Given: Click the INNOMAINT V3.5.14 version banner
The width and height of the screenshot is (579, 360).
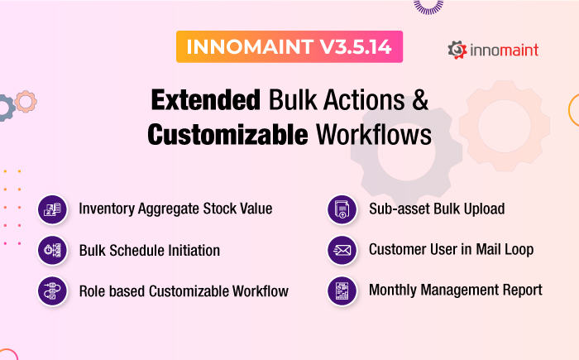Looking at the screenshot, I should (289, 47).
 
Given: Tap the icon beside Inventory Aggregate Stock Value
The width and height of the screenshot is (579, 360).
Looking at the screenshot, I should (52, 209).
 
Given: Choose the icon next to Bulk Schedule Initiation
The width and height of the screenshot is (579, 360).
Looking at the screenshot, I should (52, 250).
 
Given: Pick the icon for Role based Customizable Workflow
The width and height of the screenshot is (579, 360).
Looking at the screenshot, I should (52, 291).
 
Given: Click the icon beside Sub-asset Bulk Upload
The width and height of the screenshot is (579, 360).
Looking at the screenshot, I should (342, 209).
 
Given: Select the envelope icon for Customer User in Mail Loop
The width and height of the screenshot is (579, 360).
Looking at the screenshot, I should (342, 250).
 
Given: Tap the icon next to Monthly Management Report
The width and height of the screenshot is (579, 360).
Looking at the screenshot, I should (342, 291).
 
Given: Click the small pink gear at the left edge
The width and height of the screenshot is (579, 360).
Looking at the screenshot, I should (26, 102).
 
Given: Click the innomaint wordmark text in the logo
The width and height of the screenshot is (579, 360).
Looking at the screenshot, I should (504, 50).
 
